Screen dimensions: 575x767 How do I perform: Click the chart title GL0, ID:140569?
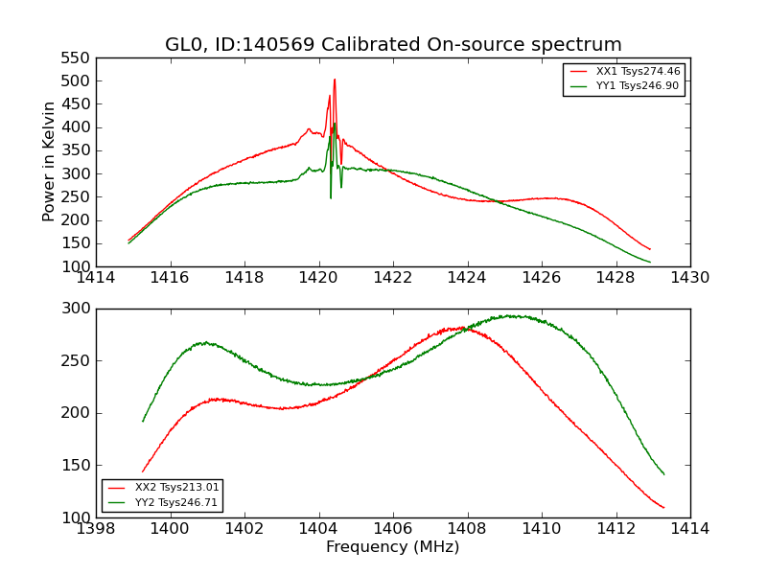point(393,44)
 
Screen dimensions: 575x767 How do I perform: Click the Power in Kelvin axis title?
point(49,162)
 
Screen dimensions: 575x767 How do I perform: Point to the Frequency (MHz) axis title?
point(393,547)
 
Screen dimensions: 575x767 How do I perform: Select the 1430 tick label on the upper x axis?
point(689,278)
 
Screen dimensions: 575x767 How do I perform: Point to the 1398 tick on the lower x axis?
point(96,529)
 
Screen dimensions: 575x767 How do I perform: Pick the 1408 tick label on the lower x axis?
point(467,529)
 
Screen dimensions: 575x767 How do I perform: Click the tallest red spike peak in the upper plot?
point(335,80)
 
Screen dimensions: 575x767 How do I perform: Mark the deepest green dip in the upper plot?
point(331,197)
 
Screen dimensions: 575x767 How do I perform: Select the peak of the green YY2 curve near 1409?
point(512,315)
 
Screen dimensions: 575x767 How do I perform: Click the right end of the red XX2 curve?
point(663,508)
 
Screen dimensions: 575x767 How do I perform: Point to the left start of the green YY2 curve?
point(143,421)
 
